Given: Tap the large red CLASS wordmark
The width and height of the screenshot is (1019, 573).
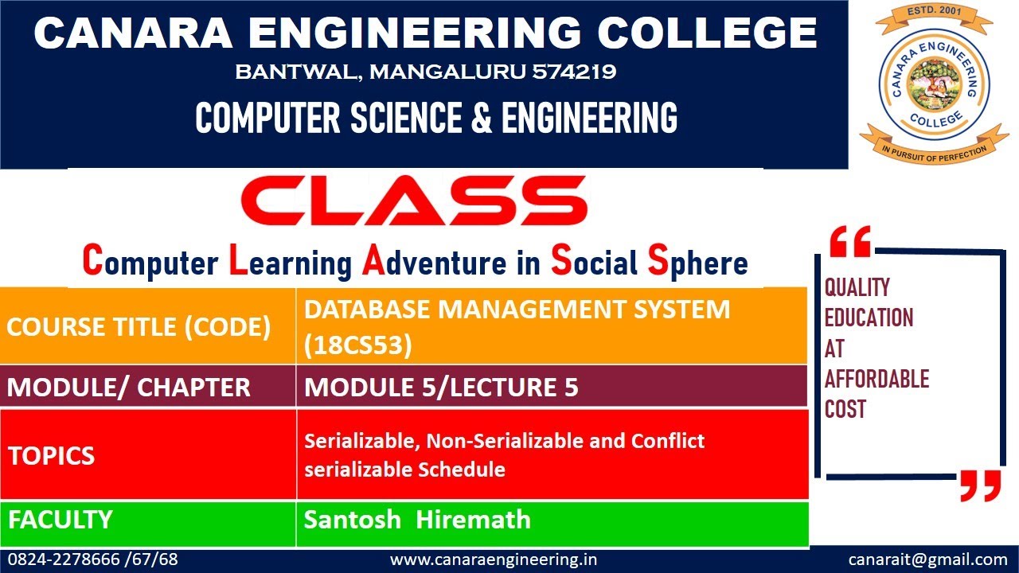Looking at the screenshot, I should pyautogui.click(x=414, y=201).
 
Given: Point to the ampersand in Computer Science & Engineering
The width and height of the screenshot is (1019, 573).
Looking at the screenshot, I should pyautogui.click(x=483, y=118).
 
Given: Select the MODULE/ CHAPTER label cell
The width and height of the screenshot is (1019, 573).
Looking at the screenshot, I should pyautogui.click(x=129, y=388).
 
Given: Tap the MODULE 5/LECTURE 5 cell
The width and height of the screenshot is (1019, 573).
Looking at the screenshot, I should pyautogui.click(x=441, y=388).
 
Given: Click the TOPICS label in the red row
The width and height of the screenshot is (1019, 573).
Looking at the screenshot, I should pyautogui.click(x=52, y=455).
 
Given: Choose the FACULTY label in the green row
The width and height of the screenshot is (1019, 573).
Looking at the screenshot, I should pyautogui.click(x=61, y=520).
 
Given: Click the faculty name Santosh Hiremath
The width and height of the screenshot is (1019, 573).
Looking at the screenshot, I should pyautogui.click(x=417, y=520).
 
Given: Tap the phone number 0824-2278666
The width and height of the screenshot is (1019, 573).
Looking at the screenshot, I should pyautogui.click(x=65, y=559).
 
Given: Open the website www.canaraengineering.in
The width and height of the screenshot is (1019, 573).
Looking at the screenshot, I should pyautogui.click(x=494, y=559).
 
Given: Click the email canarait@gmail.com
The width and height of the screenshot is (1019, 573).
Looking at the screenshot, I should pyautogui.click(x=927, y=559).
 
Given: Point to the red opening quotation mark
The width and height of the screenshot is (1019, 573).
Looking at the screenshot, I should pyautogui.click(x=850, y=242).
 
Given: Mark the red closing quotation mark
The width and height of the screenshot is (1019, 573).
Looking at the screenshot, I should pyautogui.click(x=979, y=485).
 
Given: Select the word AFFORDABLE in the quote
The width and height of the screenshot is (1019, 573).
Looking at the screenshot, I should pyautogui.click(x=876, y=379).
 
